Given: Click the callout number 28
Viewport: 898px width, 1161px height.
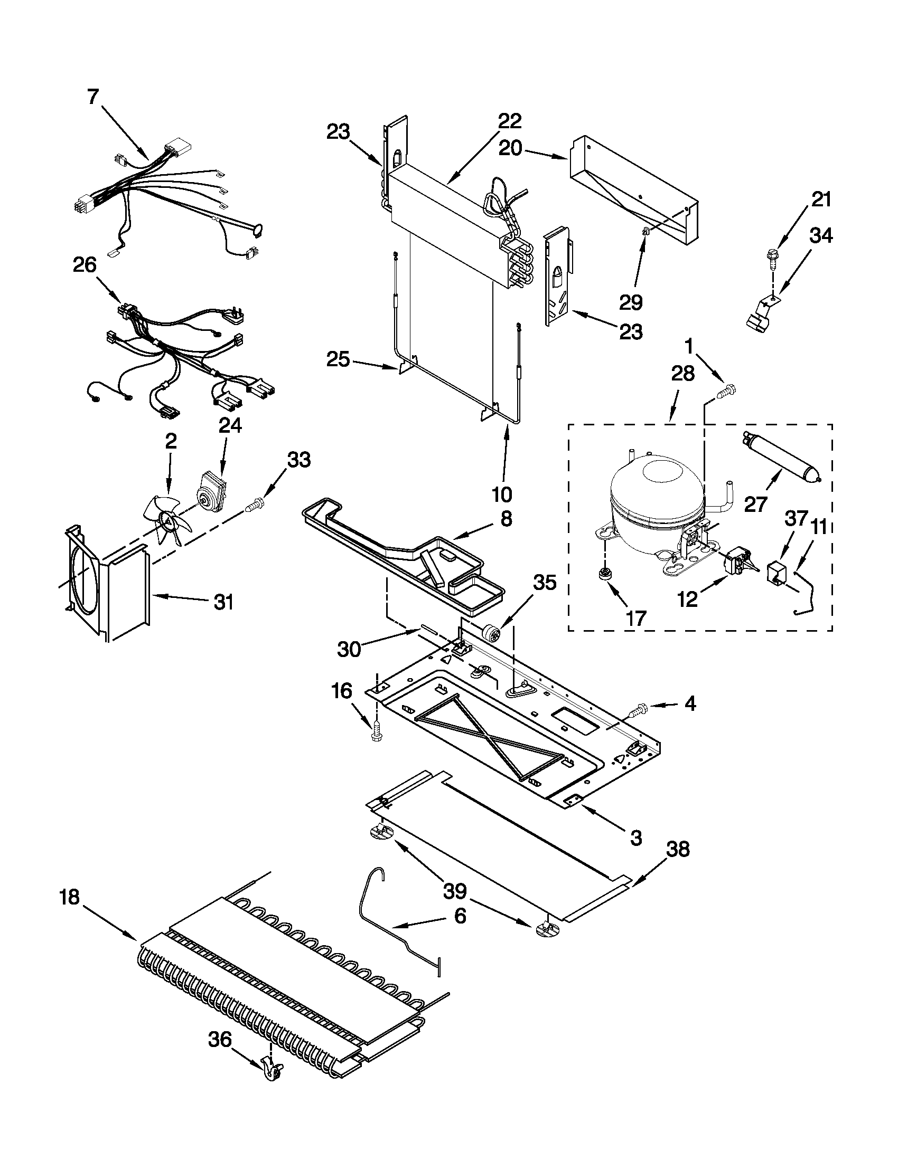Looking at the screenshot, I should [682, 374].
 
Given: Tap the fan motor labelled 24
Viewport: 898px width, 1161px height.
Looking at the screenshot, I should [212, 490].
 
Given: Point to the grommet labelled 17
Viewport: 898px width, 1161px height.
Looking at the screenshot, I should [603, 574].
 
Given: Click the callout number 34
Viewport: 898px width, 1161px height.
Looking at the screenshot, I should [820, 235].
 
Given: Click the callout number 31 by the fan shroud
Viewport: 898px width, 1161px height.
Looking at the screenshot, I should [223, 603].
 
